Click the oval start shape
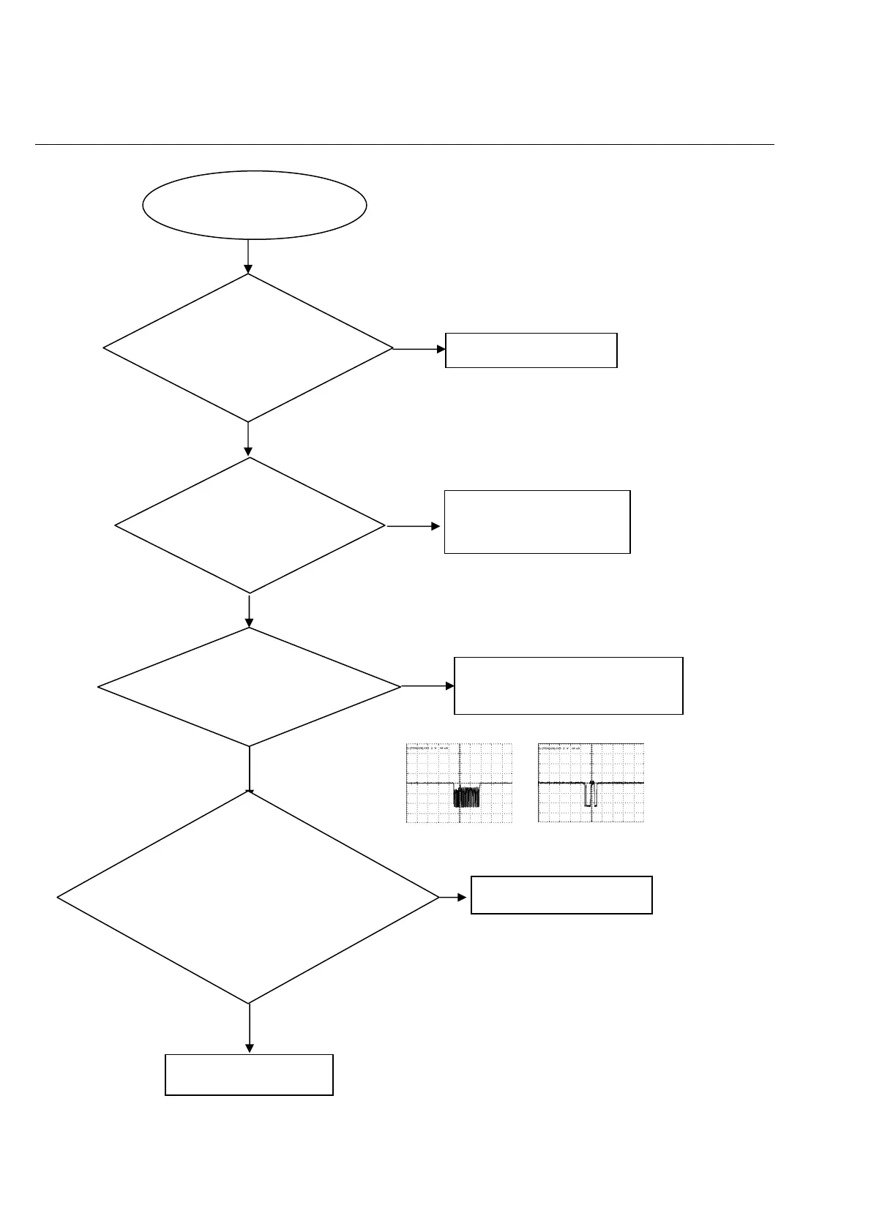coord(254,205)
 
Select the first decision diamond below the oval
coord(248,348)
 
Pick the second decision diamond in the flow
coord(250,525)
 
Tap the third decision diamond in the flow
coord(249,687)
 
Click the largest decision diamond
coord(248,898)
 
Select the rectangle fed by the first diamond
coord(531,350)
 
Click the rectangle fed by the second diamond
coord(537,522)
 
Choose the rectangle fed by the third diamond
coord(568,686)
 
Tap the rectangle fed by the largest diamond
coord(561,895)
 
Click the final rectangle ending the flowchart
coord(249,1074)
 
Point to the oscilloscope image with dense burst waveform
coord(459,783)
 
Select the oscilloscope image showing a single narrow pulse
coord(591,783)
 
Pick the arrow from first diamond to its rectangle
coord(419,349)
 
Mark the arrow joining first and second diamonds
coord(248,439)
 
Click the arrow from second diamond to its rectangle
coord(414,525)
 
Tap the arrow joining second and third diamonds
coord(249,611)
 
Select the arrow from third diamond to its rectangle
coord(427,686)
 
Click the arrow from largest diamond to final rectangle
coord(249,1028)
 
